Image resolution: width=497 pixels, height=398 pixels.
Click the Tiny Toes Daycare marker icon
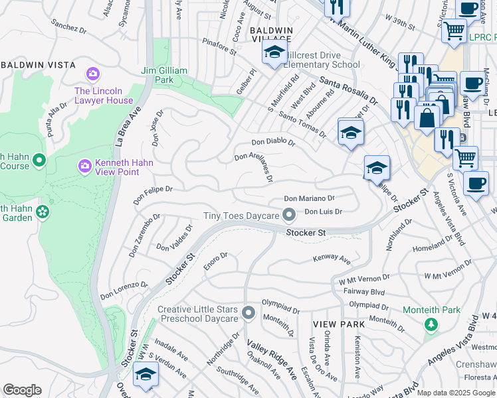pos(288,214)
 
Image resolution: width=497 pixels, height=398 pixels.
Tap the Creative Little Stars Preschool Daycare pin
pos(248,312)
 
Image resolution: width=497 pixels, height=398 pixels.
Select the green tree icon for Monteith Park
pos(431,324)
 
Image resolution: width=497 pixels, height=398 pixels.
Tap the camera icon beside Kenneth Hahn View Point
pos(84,165)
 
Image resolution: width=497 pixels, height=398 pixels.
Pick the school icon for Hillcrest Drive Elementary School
pos(273,54)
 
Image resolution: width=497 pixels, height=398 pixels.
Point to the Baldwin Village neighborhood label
pos(271,35)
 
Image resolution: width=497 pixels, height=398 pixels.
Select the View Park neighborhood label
pos(339,324)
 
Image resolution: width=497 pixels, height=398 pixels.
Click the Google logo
pos(22,390)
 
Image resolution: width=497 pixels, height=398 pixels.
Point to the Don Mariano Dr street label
pos(309,198)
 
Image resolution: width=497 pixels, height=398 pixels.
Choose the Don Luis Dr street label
pos(323,212)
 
